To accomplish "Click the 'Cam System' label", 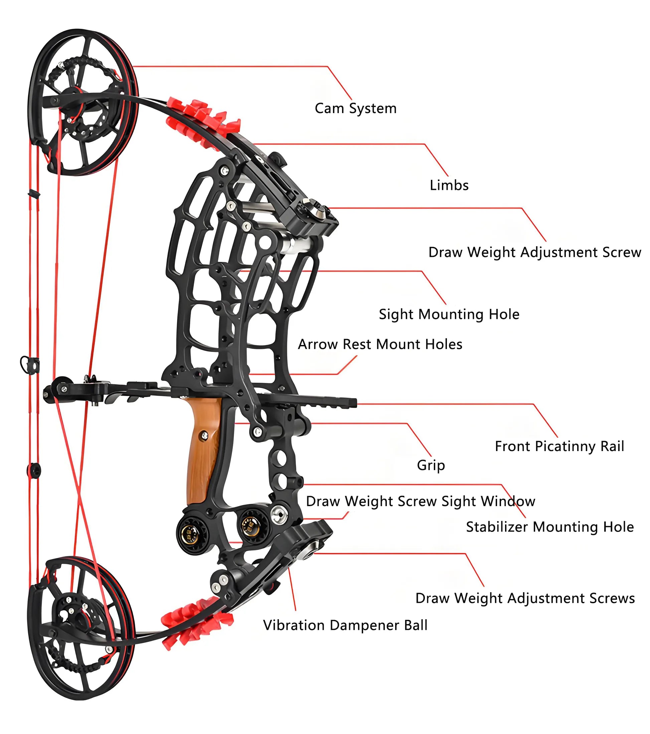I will click(355, 108).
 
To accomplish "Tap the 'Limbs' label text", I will click(449, 185).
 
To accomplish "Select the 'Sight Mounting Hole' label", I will click(449, 314).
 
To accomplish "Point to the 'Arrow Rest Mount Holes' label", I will click(380, 344).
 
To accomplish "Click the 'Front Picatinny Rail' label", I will click(559, 446).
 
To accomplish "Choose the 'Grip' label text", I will click(431, 465).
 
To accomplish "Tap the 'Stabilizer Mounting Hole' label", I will click(550, 527).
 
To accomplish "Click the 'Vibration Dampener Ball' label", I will click(345, 625).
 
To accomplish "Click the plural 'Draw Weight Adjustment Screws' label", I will click(525, 598).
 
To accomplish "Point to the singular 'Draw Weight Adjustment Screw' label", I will click(534, 253).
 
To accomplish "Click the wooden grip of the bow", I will click(203, 452).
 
